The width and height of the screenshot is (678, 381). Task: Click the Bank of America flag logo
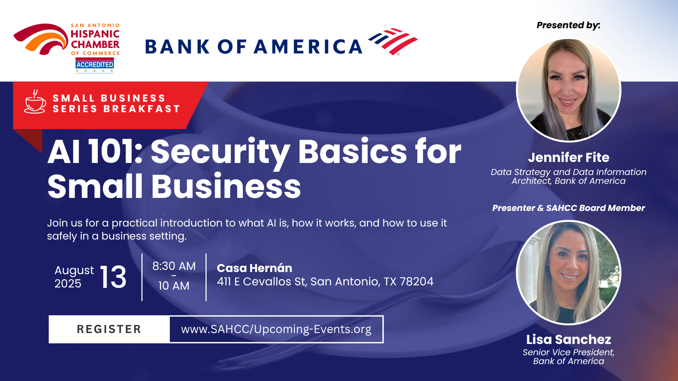point(393,42)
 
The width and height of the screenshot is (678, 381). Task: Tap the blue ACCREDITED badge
point(95,65)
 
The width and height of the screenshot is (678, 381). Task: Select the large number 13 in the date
point(113,277)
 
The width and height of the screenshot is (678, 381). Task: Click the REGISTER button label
point(109,329)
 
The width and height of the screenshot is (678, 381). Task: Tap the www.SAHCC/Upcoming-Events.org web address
point(276,329)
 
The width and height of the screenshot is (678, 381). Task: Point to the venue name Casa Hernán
point(255,268)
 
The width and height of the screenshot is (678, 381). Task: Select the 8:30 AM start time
point(174,266)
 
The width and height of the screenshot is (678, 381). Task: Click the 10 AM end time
point(174,286)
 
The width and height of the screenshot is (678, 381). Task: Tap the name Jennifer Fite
point(569,157)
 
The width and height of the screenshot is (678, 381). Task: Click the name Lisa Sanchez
point(569,339)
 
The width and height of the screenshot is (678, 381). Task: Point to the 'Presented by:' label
point(569,25)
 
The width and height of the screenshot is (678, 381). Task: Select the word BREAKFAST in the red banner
point(142,109)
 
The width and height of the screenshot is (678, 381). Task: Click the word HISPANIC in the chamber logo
point(95,34)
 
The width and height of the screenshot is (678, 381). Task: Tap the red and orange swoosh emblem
point(41,39)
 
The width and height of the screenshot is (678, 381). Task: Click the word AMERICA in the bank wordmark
point(308,47)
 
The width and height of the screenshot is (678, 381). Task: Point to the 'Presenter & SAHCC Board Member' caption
point(569,208)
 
